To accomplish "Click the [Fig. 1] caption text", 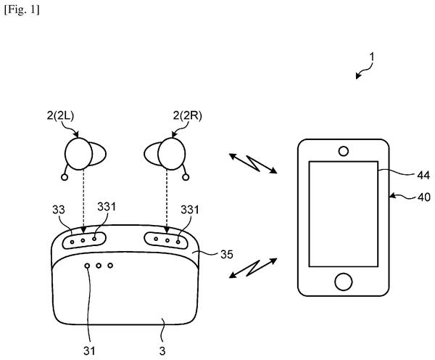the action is (22, 10).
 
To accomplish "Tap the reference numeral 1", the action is (372, 57).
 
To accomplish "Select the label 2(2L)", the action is (60, 115).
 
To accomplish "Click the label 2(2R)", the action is (188, 115).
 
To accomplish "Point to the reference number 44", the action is (423, 176).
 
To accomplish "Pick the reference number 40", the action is (424, 197).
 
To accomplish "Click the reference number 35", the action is (227, 255).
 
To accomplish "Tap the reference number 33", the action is (59, 210).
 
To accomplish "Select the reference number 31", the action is (89, 351).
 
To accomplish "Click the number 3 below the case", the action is (162, 351).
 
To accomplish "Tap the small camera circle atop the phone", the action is (344, 152).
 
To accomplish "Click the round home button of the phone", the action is (344, 282).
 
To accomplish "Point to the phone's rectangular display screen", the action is (344, 214).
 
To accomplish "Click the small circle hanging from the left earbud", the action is (65, 177).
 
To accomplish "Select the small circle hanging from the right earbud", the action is (186, 177).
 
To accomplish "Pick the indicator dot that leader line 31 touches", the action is (88, 266).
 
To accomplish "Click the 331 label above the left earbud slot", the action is (107, 207).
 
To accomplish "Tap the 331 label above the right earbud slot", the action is (190, 210).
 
